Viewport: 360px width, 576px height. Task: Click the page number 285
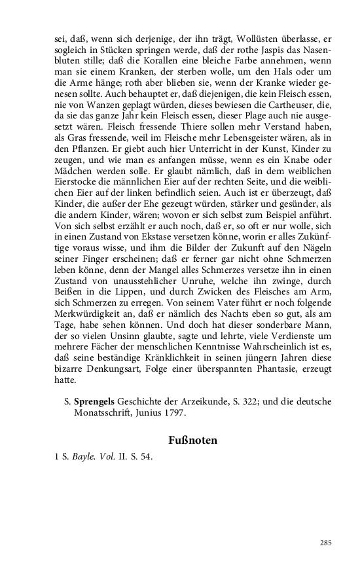coord(327,543)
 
